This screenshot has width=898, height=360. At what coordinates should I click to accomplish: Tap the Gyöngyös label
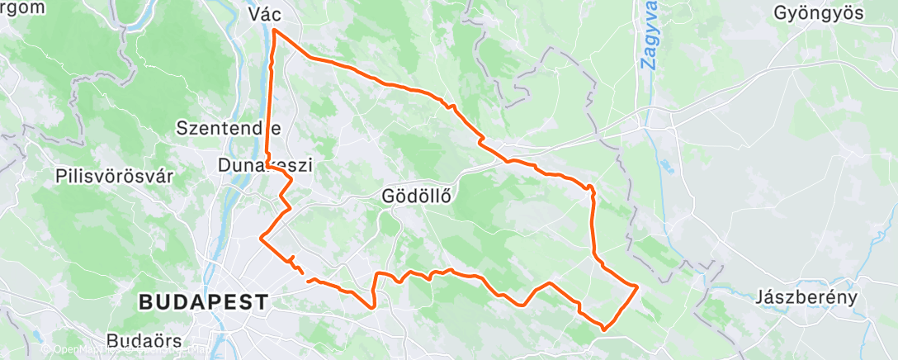[818, 13]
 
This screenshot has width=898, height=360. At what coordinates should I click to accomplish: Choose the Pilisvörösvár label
[115, 176]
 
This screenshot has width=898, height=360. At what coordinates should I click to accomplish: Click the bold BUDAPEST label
[203, 302]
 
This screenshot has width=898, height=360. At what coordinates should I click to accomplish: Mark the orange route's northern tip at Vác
[273, 31]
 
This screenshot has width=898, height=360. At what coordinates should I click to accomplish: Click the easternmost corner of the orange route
[637, 286]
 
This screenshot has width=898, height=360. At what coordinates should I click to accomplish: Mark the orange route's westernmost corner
[262, 238]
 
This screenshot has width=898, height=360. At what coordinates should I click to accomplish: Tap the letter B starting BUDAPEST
[145, 302]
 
